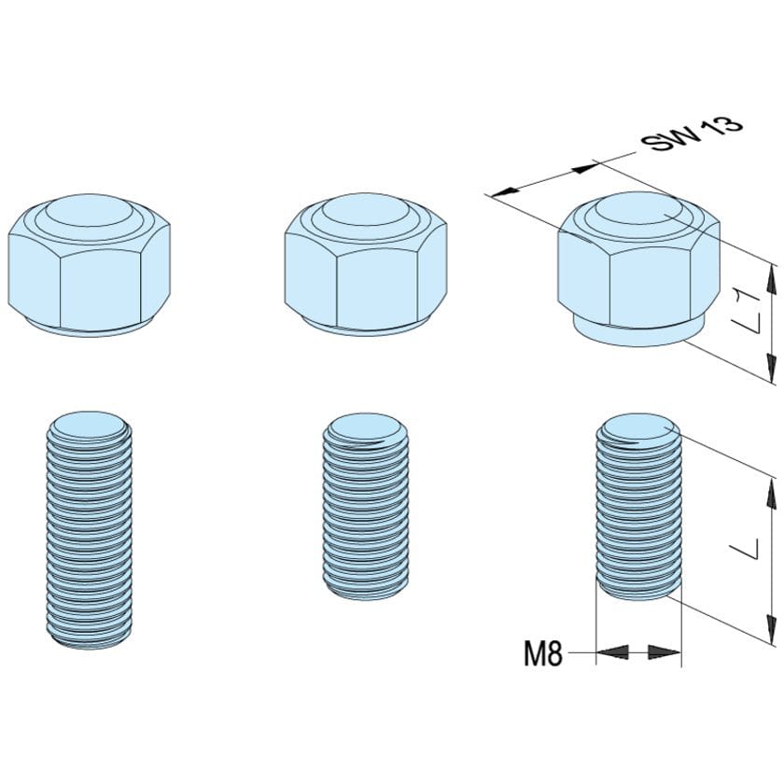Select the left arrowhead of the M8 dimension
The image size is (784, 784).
(x=609, y=652)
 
